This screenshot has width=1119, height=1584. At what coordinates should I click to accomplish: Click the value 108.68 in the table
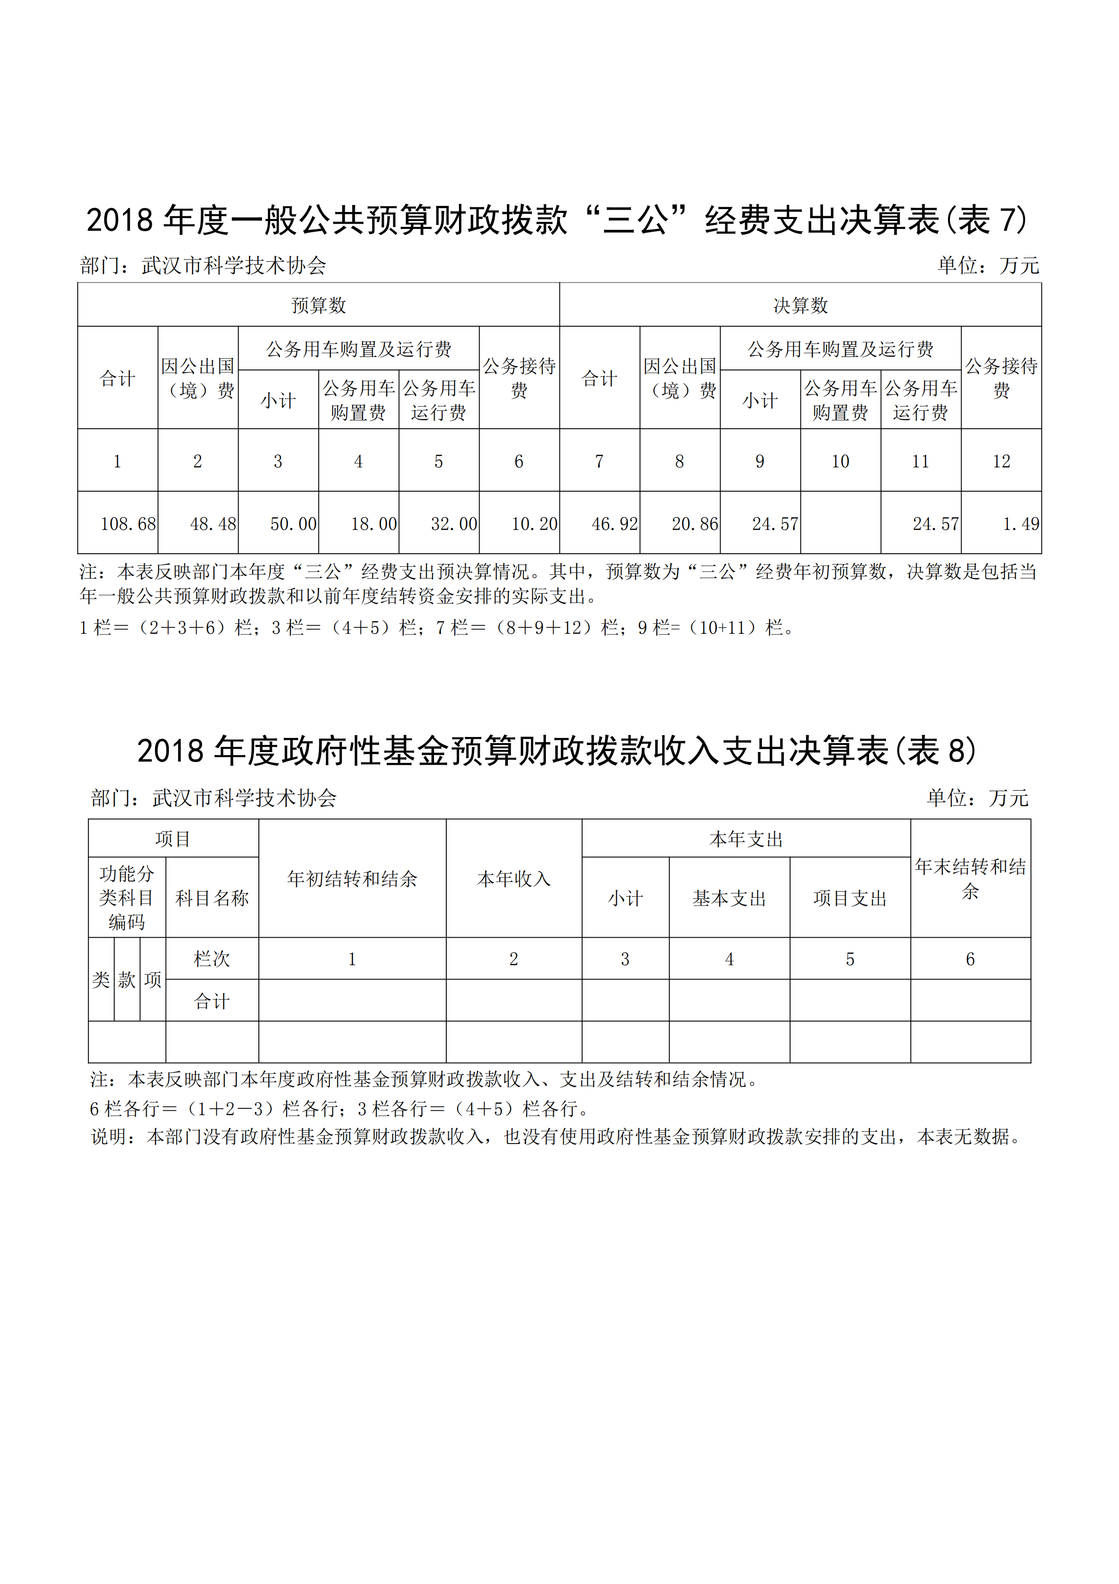tap(128, 525)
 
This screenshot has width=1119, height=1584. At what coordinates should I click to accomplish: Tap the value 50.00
tap(293, 525)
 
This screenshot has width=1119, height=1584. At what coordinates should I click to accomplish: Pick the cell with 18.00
tap(373, 525)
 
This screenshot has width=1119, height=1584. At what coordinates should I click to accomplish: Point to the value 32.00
tap(454, 525)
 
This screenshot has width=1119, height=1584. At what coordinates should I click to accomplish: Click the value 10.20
tap(534, 525)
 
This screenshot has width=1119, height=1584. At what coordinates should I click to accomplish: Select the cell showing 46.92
tap(614, 525)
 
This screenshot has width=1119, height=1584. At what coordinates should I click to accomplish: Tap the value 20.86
tap(695, 525)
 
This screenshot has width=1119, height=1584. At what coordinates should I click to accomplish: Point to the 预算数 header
tap(319, 305)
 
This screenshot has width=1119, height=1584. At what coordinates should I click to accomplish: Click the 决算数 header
tap(800, 305)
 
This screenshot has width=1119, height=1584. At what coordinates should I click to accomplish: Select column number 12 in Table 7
tap(1001, 461)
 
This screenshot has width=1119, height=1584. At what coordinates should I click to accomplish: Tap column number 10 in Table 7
tap(840, 461)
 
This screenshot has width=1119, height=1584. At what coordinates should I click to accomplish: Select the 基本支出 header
tap(730, 898)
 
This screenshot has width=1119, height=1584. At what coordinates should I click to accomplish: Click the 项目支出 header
tap(850, 898)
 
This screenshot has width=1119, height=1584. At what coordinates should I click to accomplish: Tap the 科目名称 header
tap(212, 898)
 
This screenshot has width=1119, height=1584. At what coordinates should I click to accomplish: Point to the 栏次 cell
tap(212, 958)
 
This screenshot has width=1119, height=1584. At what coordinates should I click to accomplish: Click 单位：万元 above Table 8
tap(978, 798)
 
